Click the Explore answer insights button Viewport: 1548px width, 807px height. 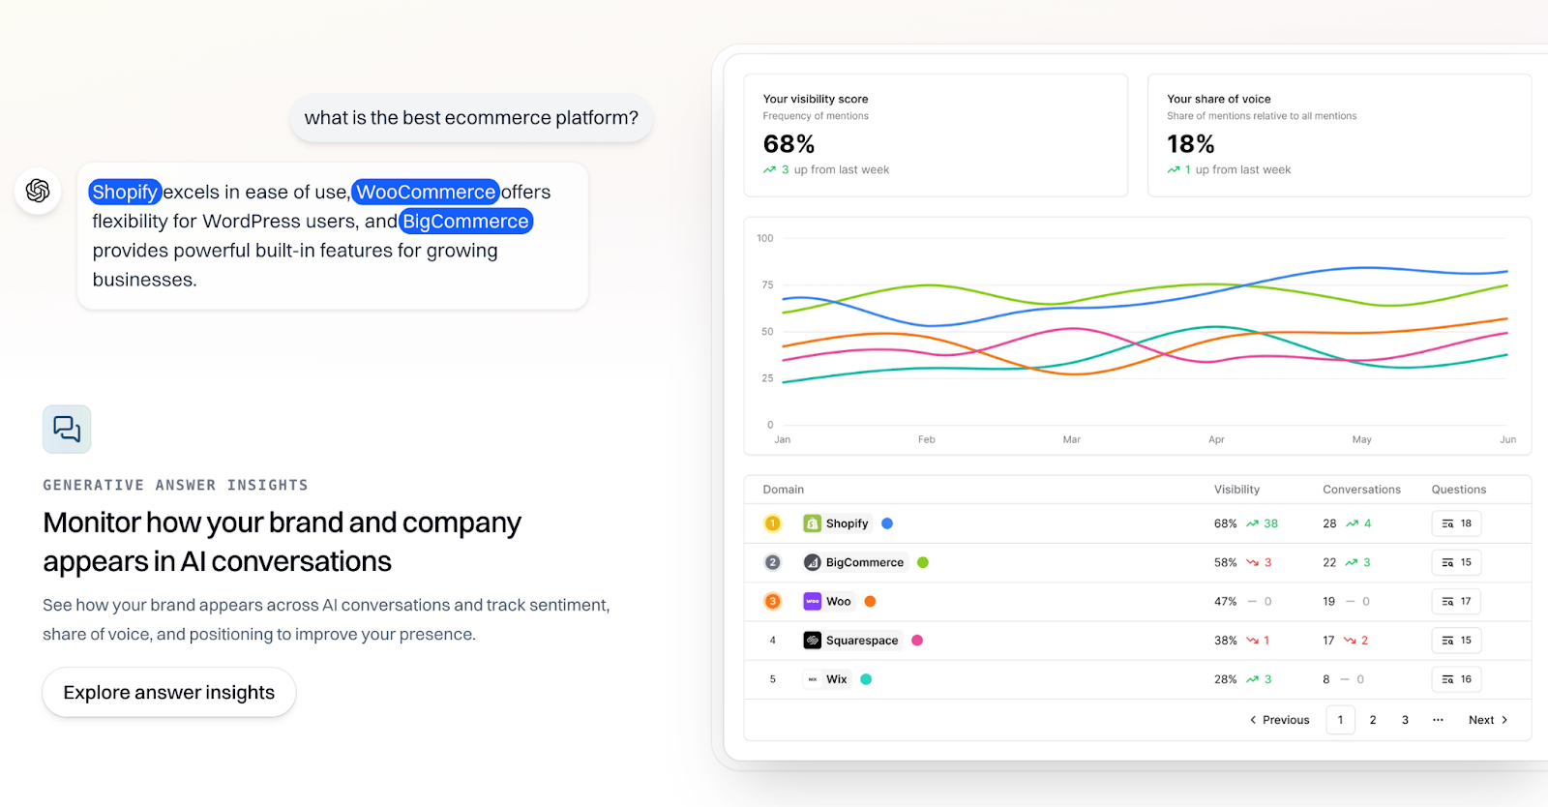point(169,693)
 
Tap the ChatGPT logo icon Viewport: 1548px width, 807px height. point(38,191)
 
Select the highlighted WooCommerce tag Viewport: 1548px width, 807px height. point(426,192)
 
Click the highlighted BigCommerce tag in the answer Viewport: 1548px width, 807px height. point(465,222)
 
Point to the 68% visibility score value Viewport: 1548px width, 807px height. point(789,144)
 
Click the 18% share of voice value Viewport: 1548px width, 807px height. point(1190,144)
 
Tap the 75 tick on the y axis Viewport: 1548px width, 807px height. point(767,284)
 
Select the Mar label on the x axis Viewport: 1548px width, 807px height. point(1071,439)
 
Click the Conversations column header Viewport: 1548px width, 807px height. point(1361,490)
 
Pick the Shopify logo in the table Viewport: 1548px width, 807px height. point(813,523)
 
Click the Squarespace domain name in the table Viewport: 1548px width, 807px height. point(861,641)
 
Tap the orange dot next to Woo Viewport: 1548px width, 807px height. point(870,601)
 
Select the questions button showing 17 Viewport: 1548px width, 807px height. point(1456,601)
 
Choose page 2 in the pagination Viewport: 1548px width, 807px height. point(1373,720)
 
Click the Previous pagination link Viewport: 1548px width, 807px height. point(1279,720)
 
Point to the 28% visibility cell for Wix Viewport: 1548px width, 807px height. point(1225,679)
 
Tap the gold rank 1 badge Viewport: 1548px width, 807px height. point(772,523)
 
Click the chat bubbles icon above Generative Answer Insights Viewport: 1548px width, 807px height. point(67,429)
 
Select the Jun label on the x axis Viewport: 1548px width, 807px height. point(1507,439)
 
